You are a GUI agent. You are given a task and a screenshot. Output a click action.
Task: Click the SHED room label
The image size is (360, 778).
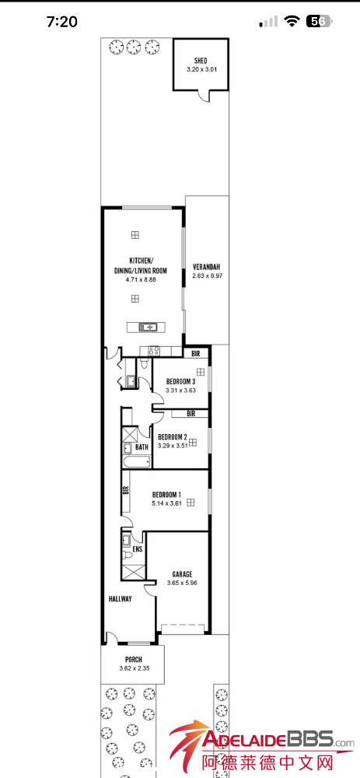(201, 61)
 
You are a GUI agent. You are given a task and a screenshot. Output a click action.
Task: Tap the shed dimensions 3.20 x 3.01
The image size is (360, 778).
(201, 69)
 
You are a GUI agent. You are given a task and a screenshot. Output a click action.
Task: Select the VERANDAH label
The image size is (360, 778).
(206, 266)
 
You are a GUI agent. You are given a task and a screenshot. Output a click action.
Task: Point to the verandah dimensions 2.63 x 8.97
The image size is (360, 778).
(206, 275)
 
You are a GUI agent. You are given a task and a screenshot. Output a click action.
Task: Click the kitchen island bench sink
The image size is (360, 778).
(149, 327)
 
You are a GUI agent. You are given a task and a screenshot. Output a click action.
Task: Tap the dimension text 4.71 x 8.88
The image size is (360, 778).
(142, 280)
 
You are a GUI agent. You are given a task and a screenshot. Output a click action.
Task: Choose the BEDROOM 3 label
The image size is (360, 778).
(180, 381)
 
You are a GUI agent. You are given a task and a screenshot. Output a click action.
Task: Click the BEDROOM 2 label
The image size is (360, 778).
(172, 437)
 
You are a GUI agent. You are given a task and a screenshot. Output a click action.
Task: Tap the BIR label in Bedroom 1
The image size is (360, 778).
(126, 489)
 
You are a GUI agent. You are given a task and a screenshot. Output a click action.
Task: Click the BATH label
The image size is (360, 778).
(142, 447)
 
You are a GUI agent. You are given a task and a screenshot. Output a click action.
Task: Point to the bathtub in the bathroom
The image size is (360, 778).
(136, 462)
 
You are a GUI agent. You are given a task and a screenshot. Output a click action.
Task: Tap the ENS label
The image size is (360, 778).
(138, 550)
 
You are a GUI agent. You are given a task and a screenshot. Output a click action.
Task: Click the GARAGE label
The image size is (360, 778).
(182, 574)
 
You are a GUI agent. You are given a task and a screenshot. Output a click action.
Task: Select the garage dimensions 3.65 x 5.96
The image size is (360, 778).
(182, 583)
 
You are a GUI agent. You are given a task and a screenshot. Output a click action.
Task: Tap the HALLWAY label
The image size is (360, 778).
(120, 599)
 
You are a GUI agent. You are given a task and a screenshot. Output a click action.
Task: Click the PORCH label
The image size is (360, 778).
(134, 660)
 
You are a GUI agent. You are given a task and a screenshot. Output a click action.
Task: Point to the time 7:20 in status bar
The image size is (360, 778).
(62, 21)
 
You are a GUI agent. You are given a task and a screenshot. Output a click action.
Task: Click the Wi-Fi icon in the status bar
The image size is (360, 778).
(292, 21)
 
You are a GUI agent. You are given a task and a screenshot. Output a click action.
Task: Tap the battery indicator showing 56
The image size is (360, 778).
(320, 21)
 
